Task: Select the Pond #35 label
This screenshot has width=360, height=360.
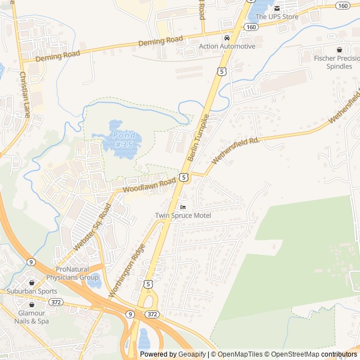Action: click(124, 139)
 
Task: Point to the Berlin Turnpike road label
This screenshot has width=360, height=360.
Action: click(199, 138)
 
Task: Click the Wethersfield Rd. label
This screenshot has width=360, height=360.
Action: click(236, 148)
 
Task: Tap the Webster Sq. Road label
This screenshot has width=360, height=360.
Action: click(92, 228)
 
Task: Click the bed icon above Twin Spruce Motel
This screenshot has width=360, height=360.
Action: click(183, 208)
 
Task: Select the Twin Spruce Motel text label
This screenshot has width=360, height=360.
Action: click(183, 216)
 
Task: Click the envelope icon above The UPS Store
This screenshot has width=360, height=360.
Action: click(277, 8)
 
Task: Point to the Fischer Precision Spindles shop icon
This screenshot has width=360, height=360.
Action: click(339, 49)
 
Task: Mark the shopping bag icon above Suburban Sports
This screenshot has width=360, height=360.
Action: click(32, 283)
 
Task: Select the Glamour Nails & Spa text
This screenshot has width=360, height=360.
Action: click(34, 317)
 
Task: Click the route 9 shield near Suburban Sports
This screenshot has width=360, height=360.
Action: click(31, 262)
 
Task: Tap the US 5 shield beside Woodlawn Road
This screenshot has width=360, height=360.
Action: click(184, 177)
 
